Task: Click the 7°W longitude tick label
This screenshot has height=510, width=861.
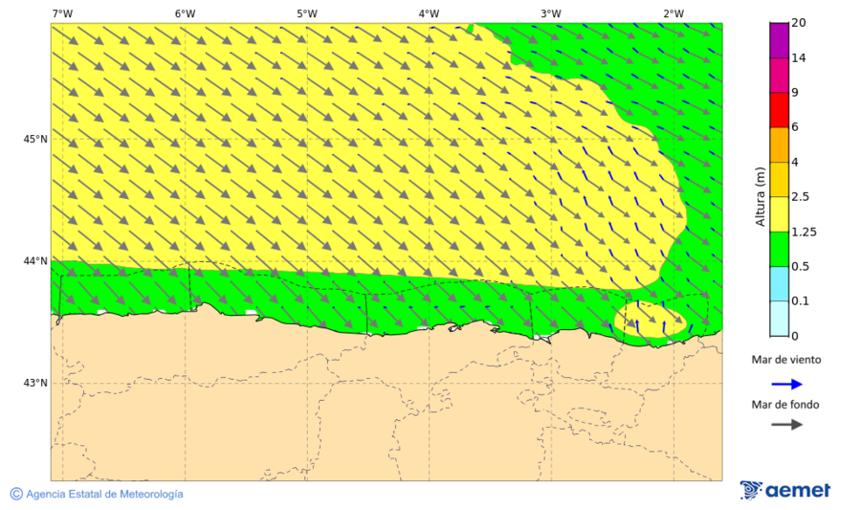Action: click(62, 13)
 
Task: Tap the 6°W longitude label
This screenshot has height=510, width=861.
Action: click(185, 13)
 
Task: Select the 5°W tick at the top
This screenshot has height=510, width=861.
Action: click(306, 13)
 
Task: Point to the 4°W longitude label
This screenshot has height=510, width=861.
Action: click(429, 13)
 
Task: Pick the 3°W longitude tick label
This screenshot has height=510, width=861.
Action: click(550, 13)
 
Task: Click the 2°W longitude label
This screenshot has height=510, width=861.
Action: click(673, 13)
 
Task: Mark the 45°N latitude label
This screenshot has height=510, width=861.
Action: click(35, 139)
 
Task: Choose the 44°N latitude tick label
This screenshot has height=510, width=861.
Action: click(35, 261)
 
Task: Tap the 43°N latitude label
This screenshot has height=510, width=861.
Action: click(35, 384)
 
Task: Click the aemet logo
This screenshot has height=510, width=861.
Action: click(785, 490)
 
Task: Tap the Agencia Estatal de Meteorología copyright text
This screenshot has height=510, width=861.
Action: click(97, 494)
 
